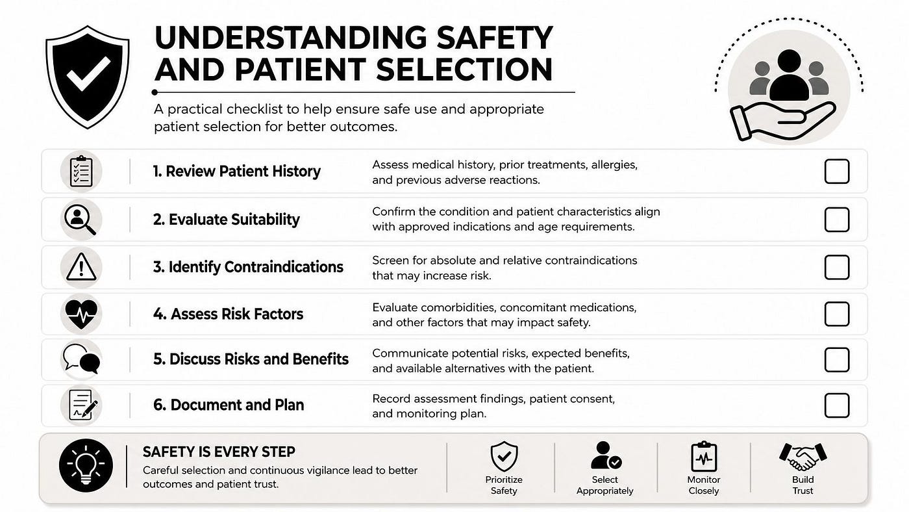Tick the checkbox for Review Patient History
[x=837, y=172]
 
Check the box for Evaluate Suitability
[x=837, y=220]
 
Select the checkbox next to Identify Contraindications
[x=837, y=267]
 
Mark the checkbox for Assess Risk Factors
[x=837, y=314]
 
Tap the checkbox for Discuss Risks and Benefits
[x=837, y=360]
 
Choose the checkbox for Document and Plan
[x=837, y=405]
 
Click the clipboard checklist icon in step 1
[x=81, y=171]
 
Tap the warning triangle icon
[x=81, y=267]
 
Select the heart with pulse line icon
[x=81, y=313]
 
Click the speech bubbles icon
[x=82, y=359]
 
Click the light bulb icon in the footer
[x=86, y=465]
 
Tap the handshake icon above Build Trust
[x=803, y=457]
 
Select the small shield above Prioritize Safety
[x=504, y=456]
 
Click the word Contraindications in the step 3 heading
[x=284, y=267]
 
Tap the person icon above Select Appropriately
[x=605, y=455]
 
